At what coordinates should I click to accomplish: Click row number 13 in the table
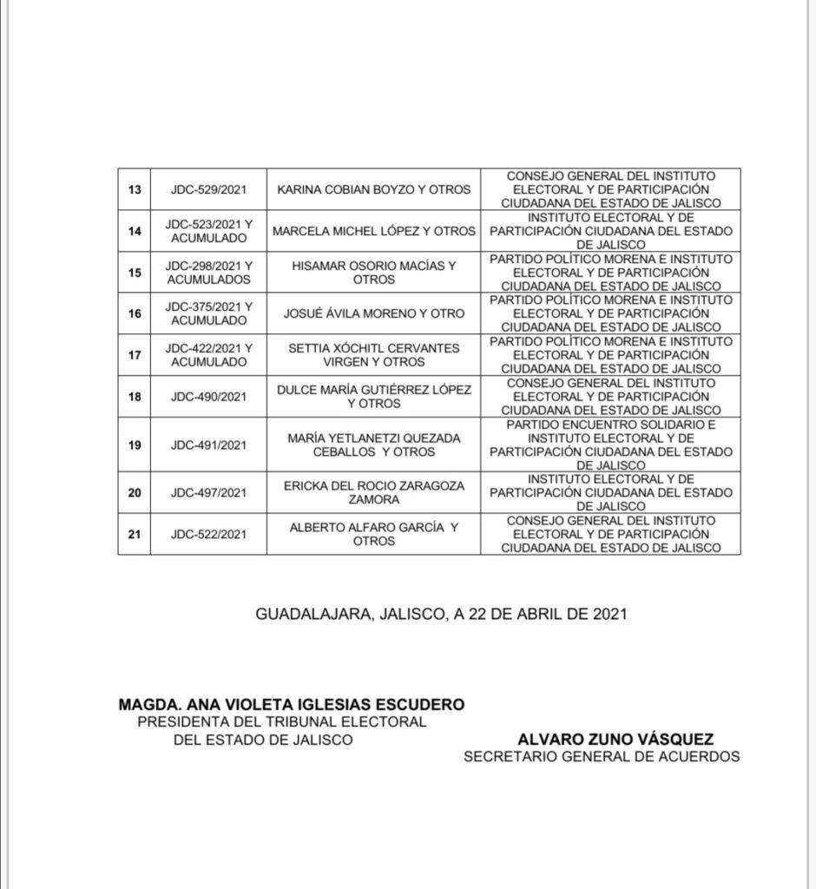tap(135, 189)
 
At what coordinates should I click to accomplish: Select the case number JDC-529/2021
tap(208, 189)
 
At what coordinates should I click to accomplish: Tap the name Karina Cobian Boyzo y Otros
tap(373, 189)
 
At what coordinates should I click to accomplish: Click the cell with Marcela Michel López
tap(373, 232)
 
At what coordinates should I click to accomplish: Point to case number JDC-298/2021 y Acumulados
tap(208, 273)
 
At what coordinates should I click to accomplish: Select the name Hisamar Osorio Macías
tap(373, 273)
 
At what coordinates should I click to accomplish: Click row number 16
tap(135, 313)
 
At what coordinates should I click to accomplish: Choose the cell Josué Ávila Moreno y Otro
tap(373, 313)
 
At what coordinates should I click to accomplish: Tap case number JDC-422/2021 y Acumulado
tap(208, 355)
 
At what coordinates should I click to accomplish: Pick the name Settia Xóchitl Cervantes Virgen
tap(373, 355)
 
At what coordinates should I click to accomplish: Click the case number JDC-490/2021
tap(208, 397)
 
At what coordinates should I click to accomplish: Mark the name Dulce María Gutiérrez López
tap(373, 397)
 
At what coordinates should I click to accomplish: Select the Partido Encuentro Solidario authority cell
tap(610, 444)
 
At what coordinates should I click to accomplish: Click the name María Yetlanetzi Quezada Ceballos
tap(373, 444)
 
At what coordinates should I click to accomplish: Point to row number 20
tap(135, 492)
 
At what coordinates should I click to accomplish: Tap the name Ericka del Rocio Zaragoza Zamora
tap(373, 492)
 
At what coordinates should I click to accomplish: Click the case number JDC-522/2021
tap(208, 534)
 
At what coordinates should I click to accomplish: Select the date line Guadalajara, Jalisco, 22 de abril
tap(441, 614)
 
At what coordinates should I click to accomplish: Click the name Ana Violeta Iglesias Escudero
tap(292, 705)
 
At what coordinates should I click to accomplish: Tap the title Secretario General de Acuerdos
tap(602, 756)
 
